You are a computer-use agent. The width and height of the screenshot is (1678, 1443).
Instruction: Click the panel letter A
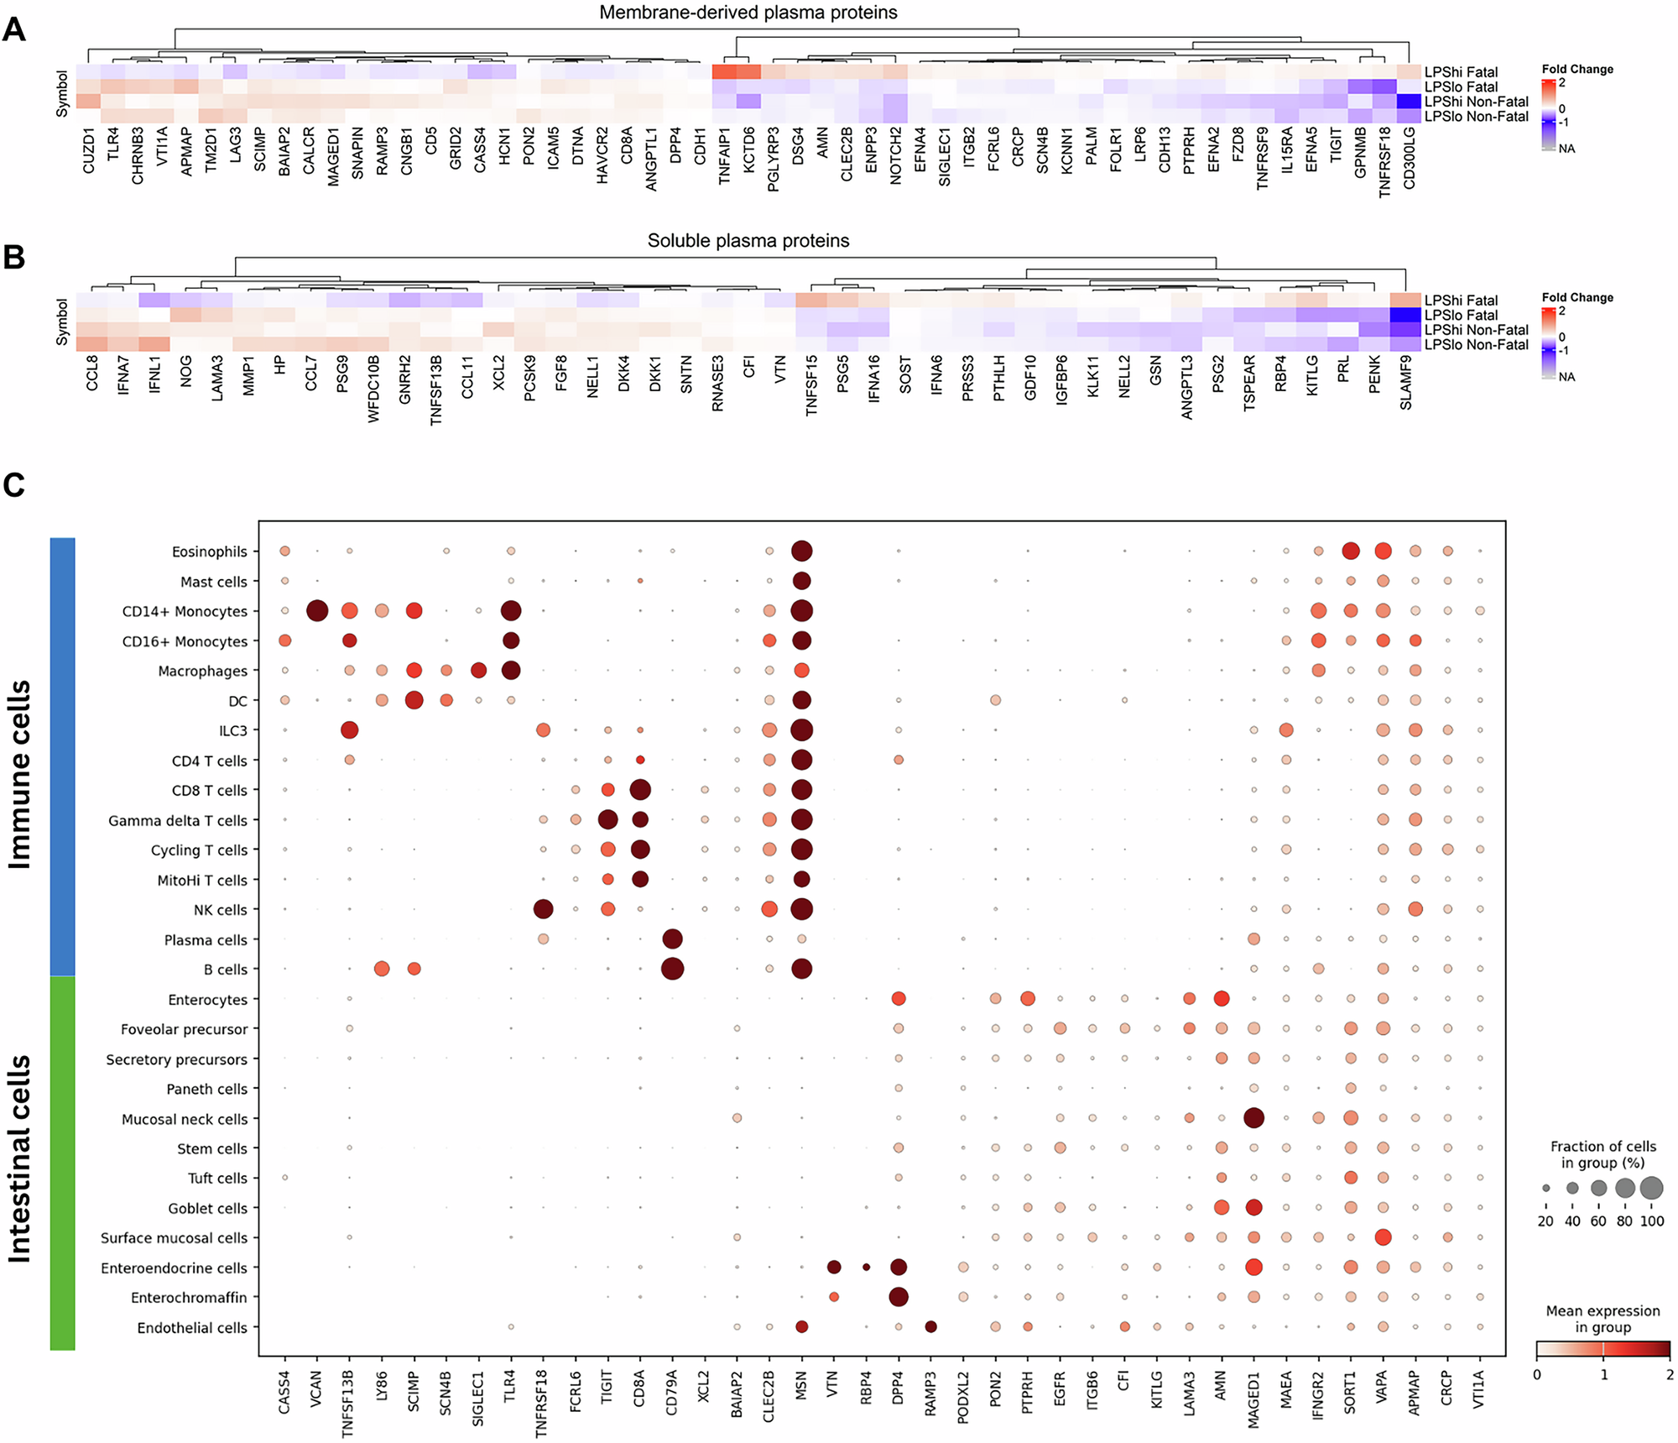tap(14, 30)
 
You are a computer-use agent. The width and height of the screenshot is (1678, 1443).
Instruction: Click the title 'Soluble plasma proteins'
tap(748, 241)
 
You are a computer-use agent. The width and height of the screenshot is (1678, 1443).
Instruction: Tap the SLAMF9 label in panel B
tap(1405, 382)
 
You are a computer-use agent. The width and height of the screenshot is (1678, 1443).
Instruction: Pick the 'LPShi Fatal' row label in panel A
tap(1461, 72)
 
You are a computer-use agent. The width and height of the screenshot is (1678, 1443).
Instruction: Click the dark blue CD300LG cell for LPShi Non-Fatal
tap(1410, 102)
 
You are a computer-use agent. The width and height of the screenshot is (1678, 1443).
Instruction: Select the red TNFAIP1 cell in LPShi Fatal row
tap(725, 72)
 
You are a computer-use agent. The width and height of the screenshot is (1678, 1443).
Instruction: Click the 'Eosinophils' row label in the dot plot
tap(210, 552)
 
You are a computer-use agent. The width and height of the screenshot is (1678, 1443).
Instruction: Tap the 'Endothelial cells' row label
tap(192, 1328)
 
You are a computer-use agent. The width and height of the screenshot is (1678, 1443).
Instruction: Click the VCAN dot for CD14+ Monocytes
tap(317, 611)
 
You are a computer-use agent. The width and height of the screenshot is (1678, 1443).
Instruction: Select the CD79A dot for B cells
tap(672, 969)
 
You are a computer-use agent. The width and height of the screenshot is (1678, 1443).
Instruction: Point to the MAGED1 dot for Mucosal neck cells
tap(1253, 1118)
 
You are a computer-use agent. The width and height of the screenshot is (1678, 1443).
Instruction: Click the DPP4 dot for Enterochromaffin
tap(899, 1297)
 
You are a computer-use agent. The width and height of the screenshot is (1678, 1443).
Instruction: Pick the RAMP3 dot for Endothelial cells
tap(930, 1327)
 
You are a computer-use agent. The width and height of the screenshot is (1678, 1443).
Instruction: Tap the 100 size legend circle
tap(1651, 1188)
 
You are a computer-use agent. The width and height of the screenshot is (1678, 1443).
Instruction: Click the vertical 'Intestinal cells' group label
tap(20, 1158)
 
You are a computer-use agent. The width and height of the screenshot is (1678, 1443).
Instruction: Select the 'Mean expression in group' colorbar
tap(1602, 1350)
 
